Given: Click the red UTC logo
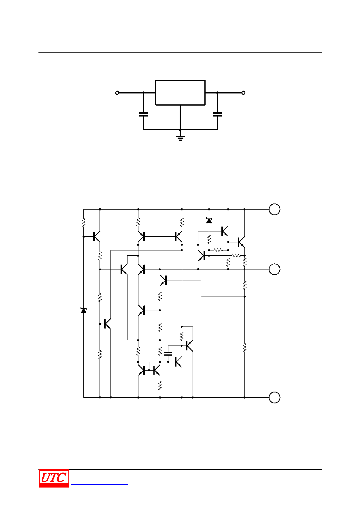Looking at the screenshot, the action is coord(54,478).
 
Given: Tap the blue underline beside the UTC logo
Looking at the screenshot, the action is coord(100,484).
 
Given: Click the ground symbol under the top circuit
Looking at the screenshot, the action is coord(180,138).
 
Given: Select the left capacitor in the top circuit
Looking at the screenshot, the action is coord(143,114).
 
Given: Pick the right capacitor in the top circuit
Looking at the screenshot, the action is coord(217,114).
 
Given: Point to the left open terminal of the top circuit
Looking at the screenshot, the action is coord(117,93).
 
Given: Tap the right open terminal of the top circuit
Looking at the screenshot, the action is coord(244,93).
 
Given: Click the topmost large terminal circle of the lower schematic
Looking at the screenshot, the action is coord(274,209).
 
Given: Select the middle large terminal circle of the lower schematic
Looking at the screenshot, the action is coord(274,269).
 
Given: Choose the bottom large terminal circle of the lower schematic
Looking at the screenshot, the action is coord(274,397).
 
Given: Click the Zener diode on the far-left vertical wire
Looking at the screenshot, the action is coord(83,310).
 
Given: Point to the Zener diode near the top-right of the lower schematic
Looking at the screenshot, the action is coord(209,221).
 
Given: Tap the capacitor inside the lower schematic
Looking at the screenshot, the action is coord(168,354).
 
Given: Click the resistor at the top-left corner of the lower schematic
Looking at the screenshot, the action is coord(83,223).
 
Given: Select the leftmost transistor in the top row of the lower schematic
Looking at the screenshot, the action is coord(96,236).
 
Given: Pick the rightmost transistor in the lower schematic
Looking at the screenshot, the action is coord(241,242).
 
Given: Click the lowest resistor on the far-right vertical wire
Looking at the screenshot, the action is coord(244,348).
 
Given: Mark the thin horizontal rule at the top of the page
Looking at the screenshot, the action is coord(180,52).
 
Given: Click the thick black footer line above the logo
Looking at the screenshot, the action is coord(180,469).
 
